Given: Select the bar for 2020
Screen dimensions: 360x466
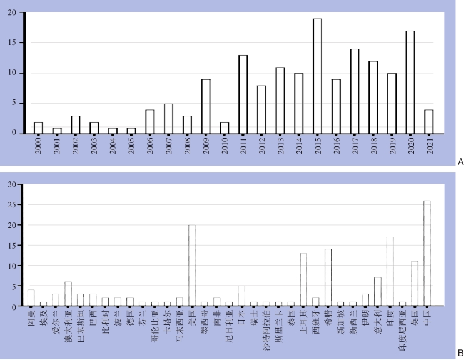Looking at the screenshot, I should [410, 82].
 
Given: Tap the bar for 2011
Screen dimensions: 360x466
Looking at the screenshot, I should [243, 94].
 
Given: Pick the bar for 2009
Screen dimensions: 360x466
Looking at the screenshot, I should [205, 106].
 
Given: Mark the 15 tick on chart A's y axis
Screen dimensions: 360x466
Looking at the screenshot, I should [14, 43].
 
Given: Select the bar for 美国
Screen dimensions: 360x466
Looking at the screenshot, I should [192, 266].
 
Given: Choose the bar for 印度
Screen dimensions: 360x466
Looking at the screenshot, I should [390, 272].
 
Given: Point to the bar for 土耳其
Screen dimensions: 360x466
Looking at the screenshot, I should [303, 280].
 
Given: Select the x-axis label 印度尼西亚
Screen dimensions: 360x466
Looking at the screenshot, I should [403, 330].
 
